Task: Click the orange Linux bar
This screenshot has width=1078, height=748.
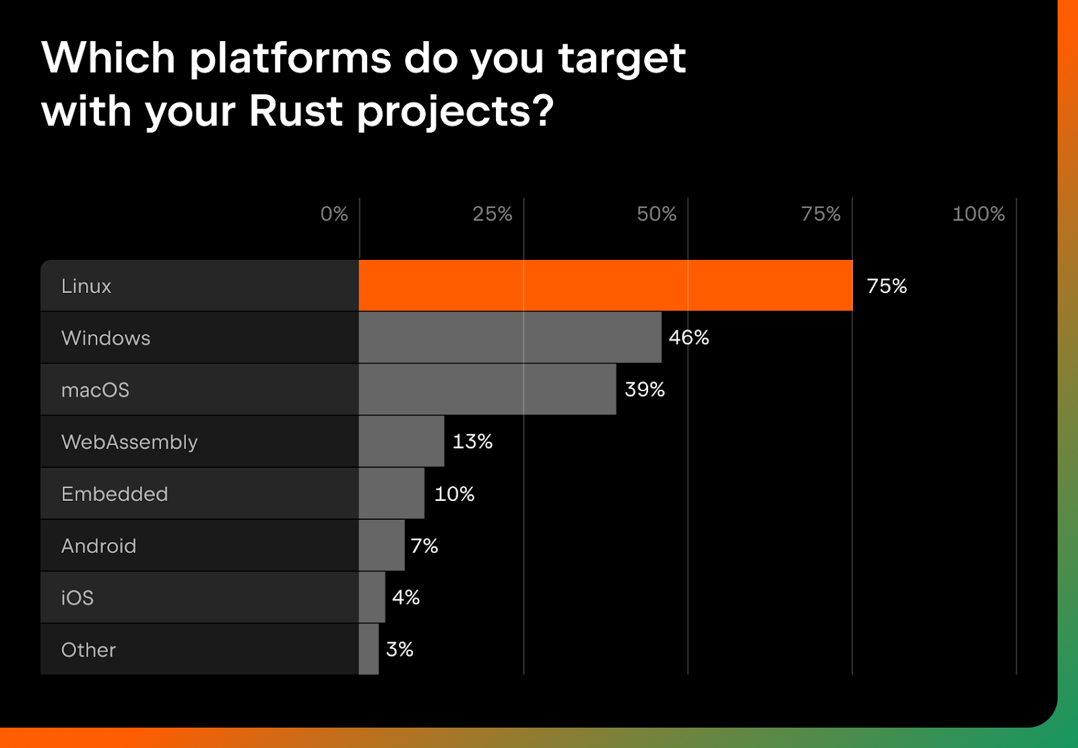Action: click(x=606, y=285)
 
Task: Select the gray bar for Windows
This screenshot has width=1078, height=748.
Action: click(x=510, y=337)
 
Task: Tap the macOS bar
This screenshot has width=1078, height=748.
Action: click(x=488, y=389)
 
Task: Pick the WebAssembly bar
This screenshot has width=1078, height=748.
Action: click(x=402, y=441)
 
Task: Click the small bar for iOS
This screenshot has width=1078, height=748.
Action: click(x=372, y=597)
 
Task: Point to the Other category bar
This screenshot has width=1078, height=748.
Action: click(x=369, y=649)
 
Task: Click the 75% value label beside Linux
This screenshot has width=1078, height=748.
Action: click(x=887, y=285)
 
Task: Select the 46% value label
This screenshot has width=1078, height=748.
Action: click(x=689, y=337)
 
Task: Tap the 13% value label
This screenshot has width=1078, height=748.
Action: click(x=472, y=441)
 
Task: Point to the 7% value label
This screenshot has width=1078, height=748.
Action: click(x=424, y=545)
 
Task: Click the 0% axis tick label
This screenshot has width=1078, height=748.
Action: click(x=334, y=213)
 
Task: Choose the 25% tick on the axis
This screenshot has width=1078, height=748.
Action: click(x=493, y=213)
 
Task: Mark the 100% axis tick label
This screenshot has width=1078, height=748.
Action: click(x=978, y=213)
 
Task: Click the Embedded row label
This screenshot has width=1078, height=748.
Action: click(x=115, y=494)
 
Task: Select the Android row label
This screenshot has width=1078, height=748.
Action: click(x=98, y=545)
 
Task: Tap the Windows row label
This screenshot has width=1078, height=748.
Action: click(x=106, y=338)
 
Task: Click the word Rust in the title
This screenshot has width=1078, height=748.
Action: click(x=296, y=110)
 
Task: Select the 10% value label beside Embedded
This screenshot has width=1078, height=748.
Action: click(x=454, y=494)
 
